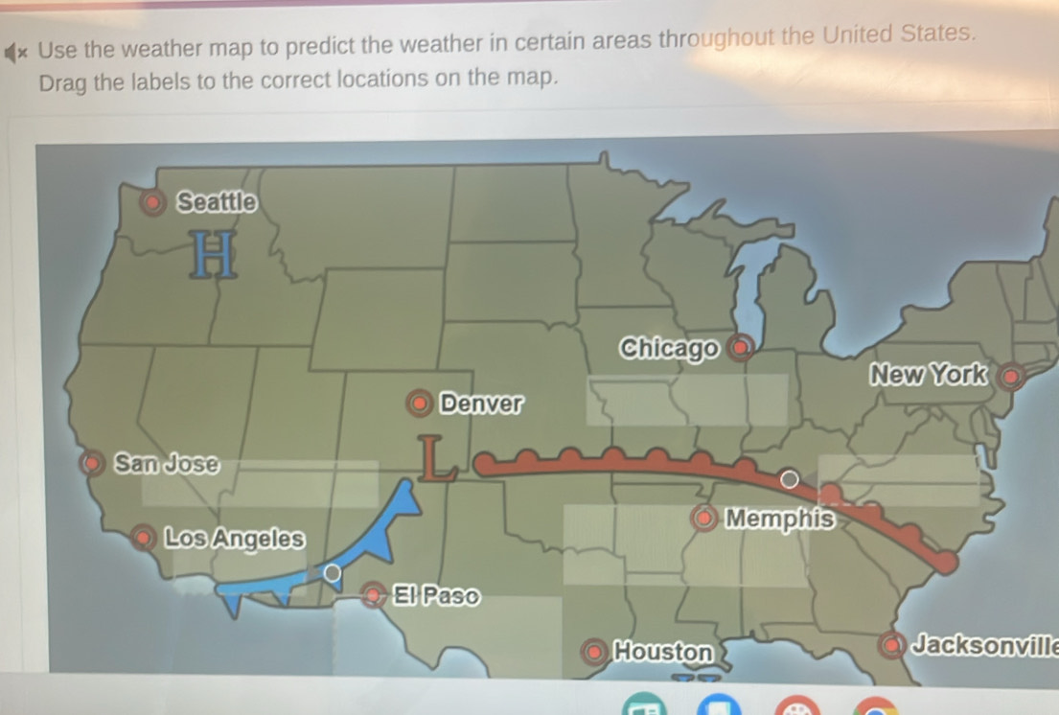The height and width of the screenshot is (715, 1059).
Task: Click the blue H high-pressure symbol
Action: tap(214, 255)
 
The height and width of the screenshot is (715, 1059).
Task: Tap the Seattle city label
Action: tap(218, 202)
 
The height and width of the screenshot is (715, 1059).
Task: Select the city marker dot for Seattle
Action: tap(151, 203)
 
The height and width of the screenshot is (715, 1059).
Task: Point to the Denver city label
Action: tap(482, 403)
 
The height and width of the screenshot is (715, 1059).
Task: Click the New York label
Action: tap(926, 375)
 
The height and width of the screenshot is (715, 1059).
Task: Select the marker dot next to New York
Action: tap(1009, 377)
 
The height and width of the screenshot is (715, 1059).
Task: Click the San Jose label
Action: tap(166, 464)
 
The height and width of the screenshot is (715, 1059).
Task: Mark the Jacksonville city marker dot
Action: tap(892, 645)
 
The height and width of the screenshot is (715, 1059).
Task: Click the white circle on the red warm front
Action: tap(789, 478)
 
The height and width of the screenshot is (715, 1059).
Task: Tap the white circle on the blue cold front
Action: tap(332, 573)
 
